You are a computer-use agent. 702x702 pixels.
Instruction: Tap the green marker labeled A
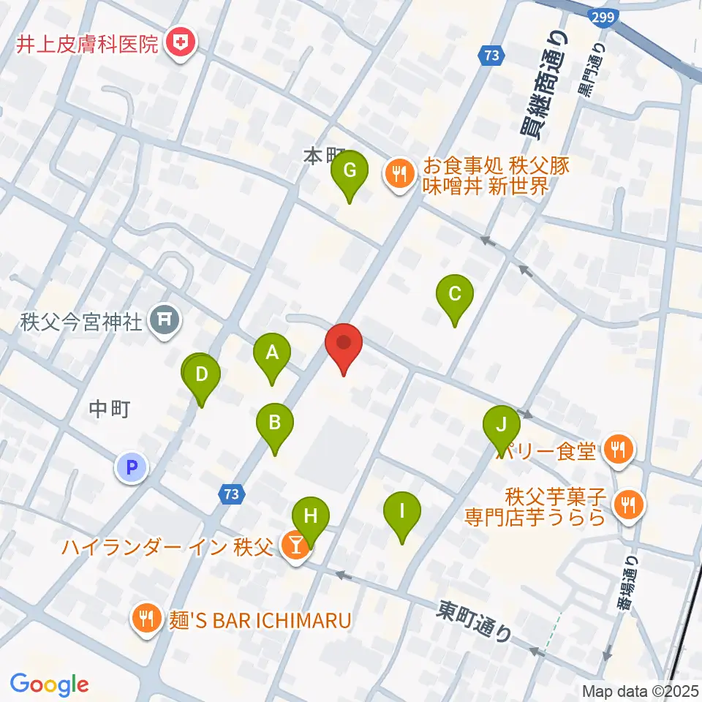(x=272, y=354)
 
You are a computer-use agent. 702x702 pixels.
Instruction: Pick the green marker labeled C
(x=454, y=295)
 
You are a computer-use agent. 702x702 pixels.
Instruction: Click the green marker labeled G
(x=350, y=171)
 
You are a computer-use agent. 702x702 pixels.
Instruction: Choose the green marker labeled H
(x=311, y=516)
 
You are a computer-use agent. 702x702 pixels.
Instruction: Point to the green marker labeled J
(x=501, y=425)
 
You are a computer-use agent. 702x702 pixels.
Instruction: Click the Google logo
(x=49, y=684)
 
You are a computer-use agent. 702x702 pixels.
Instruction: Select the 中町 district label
(x=110, y=409)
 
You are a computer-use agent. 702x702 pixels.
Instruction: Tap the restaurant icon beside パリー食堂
(x=619, y=451)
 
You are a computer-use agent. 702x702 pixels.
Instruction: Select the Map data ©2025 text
(x=641, y=690)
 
